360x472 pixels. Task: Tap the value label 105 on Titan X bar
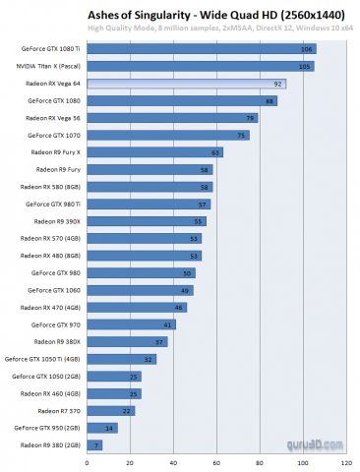coord(306,66)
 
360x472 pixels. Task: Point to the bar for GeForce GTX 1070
coord(168,135)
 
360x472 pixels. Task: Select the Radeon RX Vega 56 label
coord(55,118)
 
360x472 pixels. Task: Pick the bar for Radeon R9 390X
coord(147,221)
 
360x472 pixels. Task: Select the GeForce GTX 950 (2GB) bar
coord(103,428)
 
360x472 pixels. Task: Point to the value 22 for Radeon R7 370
coord(127,410)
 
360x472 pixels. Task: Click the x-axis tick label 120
coord(345,460)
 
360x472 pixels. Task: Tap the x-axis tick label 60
coord(216,460)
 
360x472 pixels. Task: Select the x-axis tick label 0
coord(88,460)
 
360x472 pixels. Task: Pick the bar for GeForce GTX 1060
coord(141,290)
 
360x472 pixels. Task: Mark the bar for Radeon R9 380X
coord(128,341)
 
